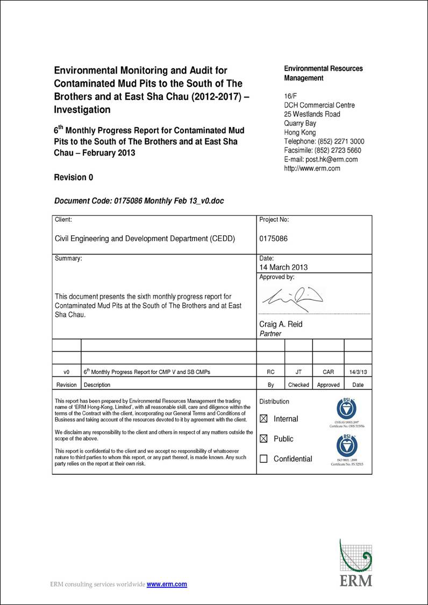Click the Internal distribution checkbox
[263, 419]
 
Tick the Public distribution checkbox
[263, 439]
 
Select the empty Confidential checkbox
[263, 459]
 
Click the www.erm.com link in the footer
[167, 584]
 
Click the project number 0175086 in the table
[273, 238]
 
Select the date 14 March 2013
[283, 267]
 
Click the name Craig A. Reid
[281, 324]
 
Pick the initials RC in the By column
[271, 372]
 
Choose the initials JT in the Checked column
[298, 372]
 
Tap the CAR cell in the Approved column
[328, 372]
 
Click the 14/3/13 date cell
[358, 372]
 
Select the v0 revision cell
[67, 372]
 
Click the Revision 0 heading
[74, 177]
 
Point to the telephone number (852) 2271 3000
[342, 142]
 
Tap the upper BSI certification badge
[347, 410]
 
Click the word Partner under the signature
[270, 334]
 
